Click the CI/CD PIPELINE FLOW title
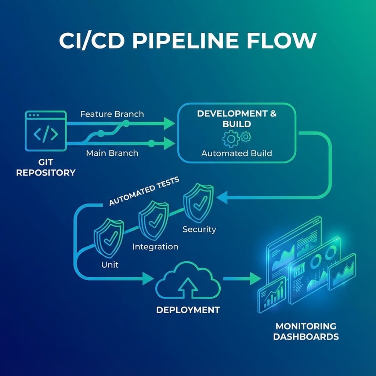point(188,41)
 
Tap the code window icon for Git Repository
point(46,131)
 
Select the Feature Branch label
point(112,114)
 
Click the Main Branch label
point(112,153)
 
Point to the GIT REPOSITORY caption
point(46,167)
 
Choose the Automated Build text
point(236,153)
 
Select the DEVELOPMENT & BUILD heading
point(236,118)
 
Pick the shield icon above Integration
point(153,220)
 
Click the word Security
point(199,229)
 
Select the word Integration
point(155,246)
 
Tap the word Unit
point(109,264)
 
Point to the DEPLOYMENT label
point(188,310)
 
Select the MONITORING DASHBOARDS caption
point(305,331)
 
